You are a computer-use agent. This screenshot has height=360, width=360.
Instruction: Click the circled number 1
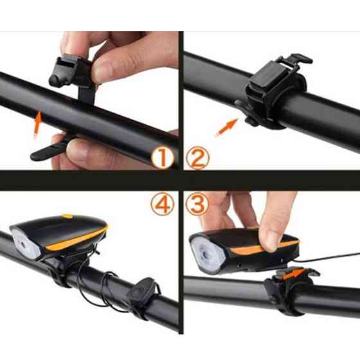tap(162, 157)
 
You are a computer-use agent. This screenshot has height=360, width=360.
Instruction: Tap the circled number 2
tap(197, 157)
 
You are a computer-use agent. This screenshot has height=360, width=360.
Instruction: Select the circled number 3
tap(197, 204)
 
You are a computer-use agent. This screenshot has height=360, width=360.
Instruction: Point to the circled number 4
tap(162, 204)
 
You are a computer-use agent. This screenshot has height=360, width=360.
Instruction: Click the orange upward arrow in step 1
tap(37, 124)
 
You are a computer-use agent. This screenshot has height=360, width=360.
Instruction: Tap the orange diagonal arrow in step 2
tap(226, 128)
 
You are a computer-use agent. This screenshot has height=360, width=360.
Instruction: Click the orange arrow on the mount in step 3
tap(294, 274)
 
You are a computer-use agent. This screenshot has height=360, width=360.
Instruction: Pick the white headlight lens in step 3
tap(207, 255)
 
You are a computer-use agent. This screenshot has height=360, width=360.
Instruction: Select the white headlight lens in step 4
tap(26, 244)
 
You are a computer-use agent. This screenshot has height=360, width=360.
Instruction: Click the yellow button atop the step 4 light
tap(67, 216)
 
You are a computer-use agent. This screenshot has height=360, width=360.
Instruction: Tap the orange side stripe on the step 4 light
tap(76, 239)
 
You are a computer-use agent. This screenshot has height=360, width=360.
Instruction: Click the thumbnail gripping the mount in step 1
tap(104, 71)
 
